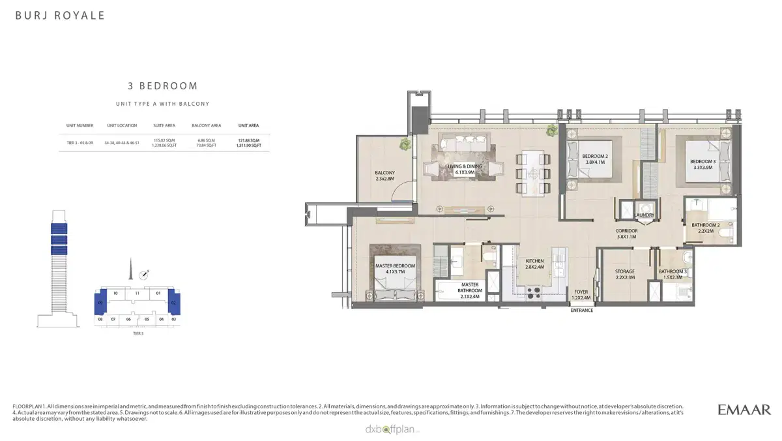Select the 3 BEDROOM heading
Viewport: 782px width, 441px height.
coord(162,85)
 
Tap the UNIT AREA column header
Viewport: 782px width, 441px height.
coord(248,125)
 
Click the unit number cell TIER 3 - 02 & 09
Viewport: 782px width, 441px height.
coord(80,141)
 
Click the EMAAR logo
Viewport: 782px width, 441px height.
coord(744,410)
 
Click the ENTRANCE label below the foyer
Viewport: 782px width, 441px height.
coord(582,311)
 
